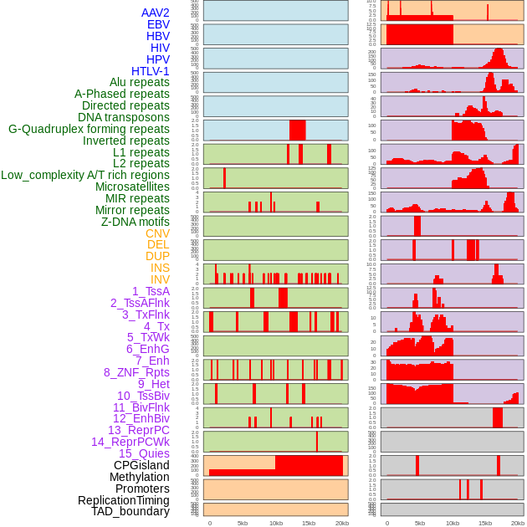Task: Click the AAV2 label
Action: click(155, 13)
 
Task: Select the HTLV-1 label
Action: click(150, 71)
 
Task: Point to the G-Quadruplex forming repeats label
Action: click(89, 129)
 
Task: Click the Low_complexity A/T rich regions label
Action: click(85, 175)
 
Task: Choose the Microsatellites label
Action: click(132, 187)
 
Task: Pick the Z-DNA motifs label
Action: click(135, 222)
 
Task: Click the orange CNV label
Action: click(157, 233)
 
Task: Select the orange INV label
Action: click(160, 279)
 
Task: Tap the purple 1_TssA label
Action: click(151, 291)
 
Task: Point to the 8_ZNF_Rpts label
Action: click(136, 372)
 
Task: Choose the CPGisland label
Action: click(141, 465)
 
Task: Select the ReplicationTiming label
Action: click(123, 500)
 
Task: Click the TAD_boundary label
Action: click(130, 511)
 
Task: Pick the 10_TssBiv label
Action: click(143, 396)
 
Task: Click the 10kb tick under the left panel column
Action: click(276, 523)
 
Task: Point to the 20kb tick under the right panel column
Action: click(518, 523)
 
